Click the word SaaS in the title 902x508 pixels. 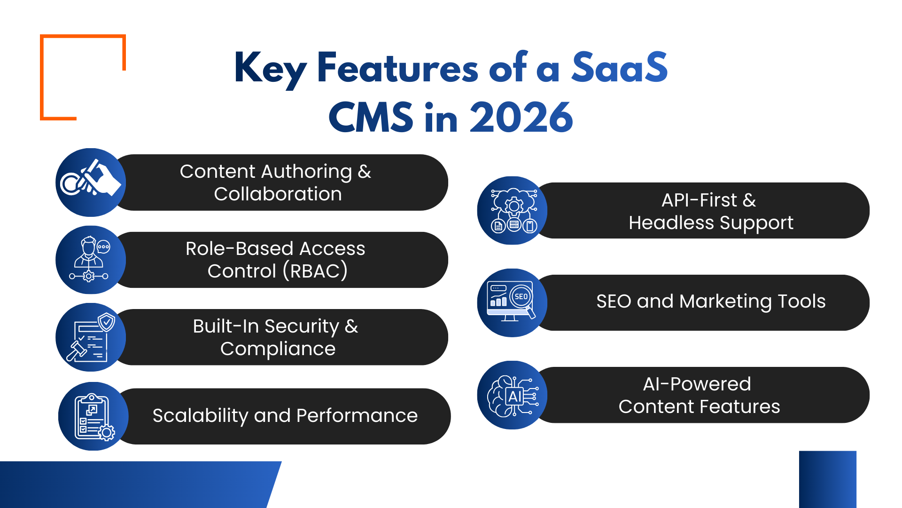[x=619, y=68]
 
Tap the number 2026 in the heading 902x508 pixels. [x=521, y=118]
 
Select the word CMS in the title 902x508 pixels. [x=371, y=118]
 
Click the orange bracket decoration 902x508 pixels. [x=43, y=75]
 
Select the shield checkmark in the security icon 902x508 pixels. [x=107, y=322]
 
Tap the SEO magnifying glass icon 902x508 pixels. [x=522, y=298]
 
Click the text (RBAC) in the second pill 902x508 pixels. [x=315, y=271]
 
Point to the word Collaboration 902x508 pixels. [x=278, y=194]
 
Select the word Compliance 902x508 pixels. [x=278, y=349]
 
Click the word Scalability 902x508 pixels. [x=200, y=416]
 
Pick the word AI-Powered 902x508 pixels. [x=697, y=384]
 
